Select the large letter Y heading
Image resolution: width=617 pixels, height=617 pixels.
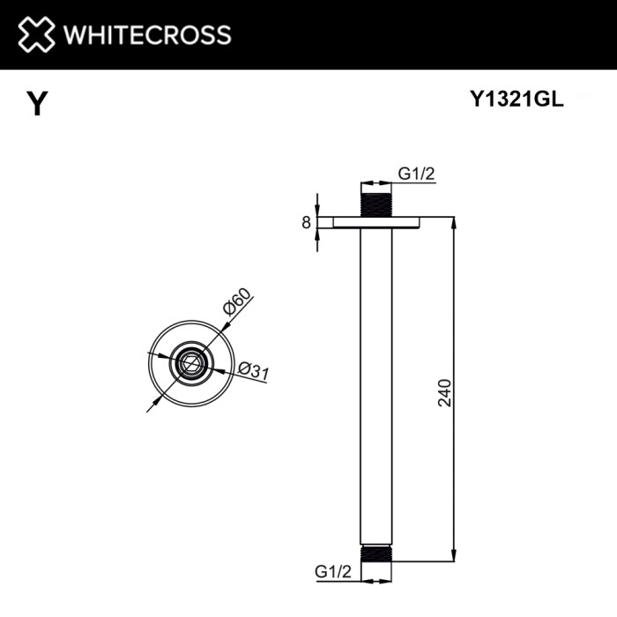36,104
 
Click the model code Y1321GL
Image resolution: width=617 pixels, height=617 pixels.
515,100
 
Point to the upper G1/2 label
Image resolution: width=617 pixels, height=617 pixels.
416,175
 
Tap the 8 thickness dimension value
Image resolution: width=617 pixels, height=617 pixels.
306,223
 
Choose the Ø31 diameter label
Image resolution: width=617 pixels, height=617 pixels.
253,372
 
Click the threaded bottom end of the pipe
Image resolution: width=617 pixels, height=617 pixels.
375,552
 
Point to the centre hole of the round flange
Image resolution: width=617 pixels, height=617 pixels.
188,361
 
